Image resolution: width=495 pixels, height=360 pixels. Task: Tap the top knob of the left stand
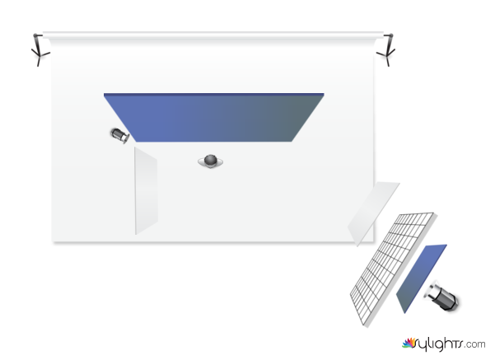(x=36, y=35)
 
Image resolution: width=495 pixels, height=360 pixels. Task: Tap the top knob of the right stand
(x=391, y=35)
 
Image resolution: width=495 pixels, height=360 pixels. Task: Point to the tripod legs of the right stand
(x=387, y=56)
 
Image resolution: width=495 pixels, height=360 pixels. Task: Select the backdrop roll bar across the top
(x=213, y=34)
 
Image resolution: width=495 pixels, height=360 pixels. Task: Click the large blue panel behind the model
(x=213, y=118)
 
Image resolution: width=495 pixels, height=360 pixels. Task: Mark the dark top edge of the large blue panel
(x=213, y=94)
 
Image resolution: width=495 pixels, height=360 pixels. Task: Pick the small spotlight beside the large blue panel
(x=120, y=135)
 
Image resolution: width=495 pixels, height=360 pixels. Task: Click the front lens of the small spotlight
(x=126, y=138)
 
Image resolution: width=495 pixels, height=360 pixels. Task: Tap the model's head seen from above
(x=210, y=160)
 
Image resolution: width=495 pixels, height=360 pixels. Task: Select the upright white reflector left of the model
(x=146, y=191)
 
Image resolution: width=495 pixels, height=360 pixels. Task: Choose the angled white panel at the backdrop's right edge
(x=373, y=213)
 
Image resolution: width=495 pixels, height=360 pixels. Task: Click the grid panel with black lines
(x=393, y=269)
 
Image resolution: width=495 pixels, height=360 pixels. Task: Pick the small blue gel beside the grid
(x=421, y=278)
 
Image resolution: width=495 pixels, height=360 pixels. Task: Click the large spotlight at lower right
(x=441, y=296)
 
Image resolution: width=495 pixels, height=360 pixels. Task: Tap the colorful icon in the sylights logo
(x=409, y=343)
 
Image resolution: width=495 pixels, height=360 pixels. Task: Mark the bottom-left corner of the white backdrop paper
(x=53, y=242)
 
